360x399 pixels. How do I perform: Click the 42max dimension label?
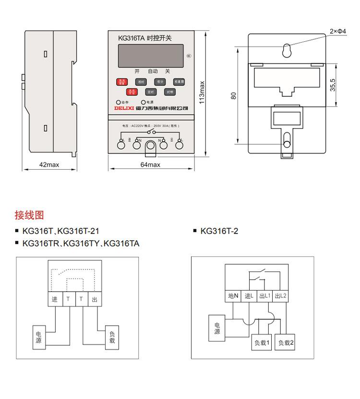49,165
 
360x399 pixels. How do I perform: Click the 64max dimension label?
150,165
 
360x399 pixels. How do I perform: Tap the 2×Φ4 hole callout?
337,31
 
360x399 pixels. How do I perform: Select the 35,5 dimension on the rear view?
333,85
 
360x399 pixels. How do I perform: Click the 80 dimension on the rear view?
234,95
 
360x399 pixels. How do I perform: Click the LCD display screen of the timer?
150,56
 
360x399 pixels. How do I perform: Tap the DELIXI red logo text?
124,109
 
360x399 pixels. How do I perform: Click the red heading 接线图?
29,215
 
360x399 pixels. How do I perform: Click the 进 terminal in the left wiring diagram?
54,299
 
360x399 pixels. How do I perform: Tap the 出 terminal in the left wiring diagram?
95,299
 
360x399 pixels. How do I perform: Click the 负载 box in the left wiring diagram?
112,337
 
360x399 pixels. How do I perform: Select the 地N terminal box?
233,296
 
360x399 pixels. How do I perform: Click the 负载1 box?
263,342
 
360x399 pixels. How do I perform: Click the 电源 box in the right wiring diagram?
217,328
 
